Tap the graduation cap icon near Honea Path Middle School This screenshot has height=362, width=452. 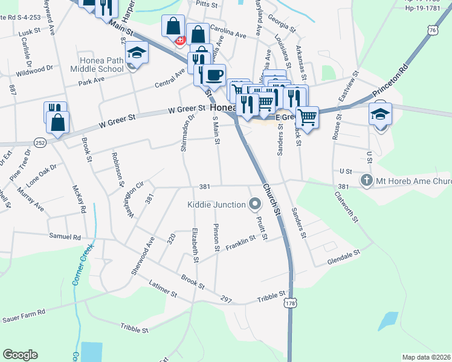tap(137, 52)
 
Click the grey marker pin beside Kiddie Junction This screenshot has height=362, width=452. tap(254, 205)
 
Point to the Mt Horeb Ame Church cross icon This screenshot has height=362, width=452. tap(366, 180)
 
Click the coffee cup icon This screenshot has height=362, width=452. tap(214, 75)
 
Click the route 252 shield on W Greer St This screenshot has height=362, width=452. tap(40, 142)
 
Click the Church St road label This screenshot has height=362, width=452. tap(272, 204)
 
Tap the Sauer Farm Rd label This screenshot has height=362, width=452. tap(24, 314)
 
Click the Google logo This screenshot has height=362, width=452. tap(20, 355)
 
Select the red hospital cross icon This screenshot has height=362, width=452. tap(179, 40)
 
